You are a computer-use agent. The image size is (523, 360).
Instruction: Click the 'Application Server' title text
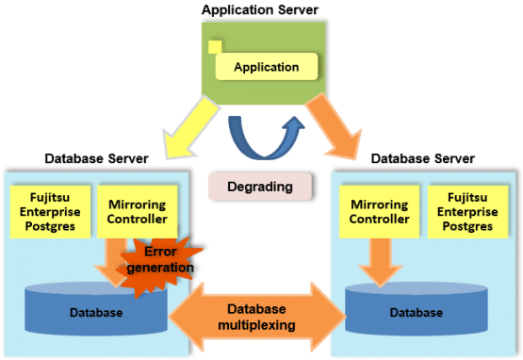click(260, 10)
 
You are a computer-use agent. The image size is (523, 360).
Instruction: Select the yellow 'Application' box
click(267, 66)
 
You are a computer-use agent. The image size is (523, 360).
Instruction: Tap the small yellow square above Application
click(215, 47)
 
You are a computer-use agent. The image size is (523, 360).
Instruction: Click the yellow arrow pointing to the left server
click(190, 127)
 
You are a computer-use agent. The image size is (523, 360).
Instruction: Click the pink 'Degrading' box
click(260, 187)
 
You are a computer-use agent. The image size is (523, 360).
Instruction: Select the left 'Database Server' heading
click(96, 159)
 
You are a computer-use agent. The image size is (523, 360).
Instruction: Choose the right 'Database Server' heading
click(422, 159)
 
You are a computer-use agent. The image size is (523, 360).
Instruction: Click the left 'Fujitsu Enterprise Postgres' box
click(50, 212)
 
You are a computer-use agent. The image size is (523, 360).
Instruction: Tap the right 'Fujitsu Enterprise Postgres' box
click(467, 212)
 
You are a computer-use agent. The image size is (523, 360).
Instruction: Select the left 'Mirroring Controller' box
click(137, 212)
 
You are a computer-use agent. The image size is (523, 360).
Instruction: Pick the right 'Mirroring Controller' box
click(379, 212)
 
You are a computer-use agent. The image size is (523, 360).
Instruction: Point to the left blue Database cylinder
click(96, 309)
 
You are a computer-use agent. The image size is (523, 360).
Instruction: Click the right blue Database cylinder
click(417, 309)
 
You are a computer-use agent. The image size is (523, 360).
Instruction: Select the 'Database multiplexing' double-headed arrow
click(257, 317)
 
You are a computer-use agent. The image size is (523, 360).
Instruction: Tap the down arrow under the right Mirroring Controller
click(380, 263)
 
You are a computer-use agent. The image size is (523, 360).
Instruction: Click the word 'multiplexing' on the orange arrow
click(257, 325)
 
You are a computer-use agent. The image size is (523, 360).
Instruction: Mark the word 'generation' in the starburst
click(160, 268)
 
